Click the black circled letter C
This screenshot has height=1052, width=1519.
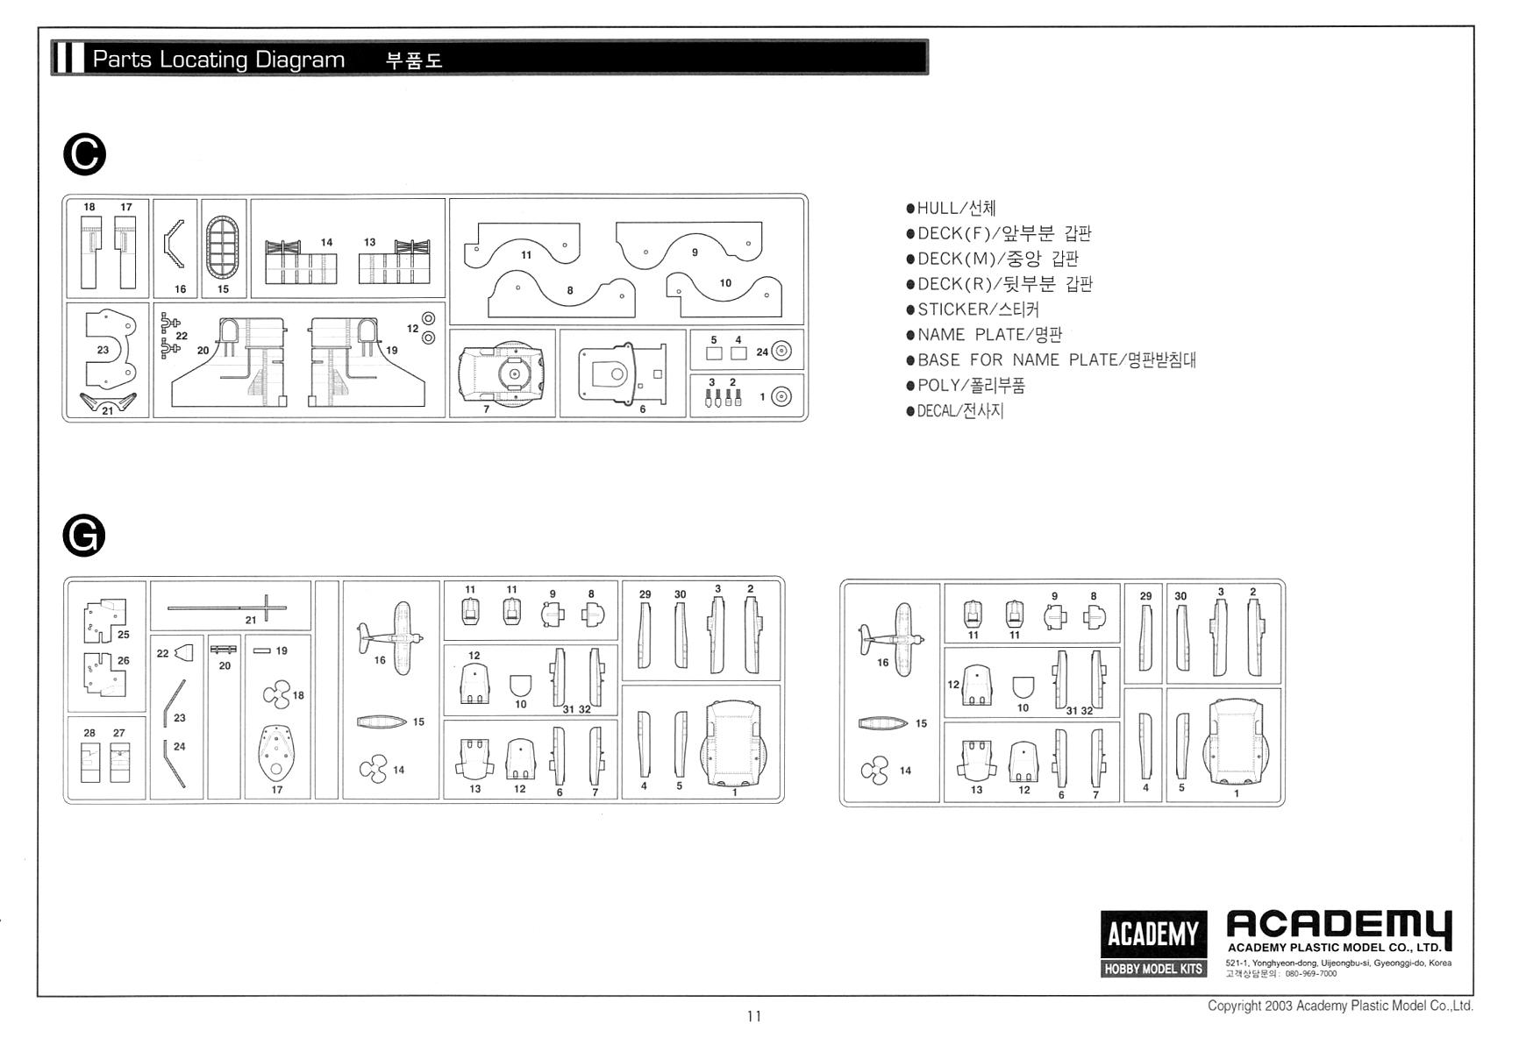pyautogui.click(x=85, y=155)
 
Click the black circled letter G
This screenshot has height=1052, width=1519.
pyautogui.click(x=84, y=536)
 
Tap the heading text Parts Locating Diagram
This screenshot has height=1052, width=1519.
pyautogui.click(x=218, y=60)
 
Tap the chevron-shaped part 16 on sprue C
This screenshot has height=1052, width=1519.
pyautogui.click(x=174, y=244)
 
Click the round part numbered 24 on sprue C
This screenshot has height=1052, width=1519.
pyautogui.click(x=781, y=352)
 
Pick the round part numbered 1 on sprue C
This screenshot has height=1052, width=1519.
pyautogui.click(x=781, y=397)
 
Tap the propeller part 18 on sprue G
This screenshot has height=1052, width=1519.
pyautogui.click(x=276, y=696)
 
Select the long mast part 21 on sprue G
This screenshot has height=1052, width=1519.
pyautogui.click(x=228, y=607)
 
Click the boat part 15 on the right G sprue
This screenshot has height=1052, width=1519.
pyautogui.click(x=883, y=723)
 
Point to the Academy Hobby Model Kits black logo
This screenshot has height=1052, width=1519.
pyautogui.click(x=1153, y=943)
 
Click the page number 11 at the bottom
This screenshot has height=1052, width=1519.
pyautogui.click(x=754, y=1017)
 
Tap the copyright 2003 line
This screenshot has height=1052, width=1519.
pyautogui.click(x=1339, y=1006)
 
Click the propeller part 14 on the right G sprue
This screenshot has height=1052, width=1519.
pyautogui.click(x=874, y=771)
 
